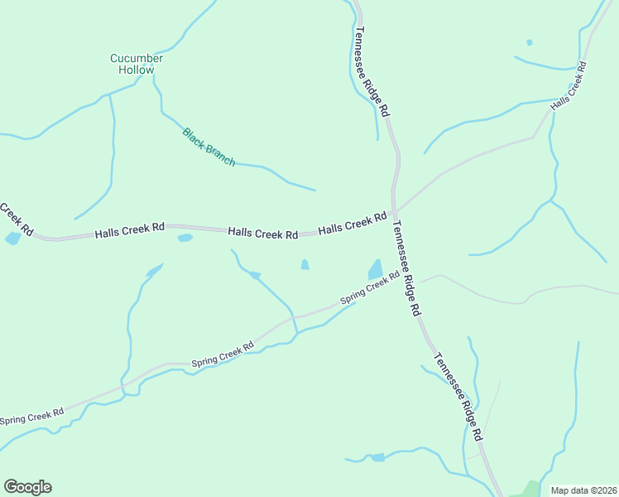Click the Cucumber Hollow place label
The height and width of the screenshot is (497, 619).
(x=137, y=64)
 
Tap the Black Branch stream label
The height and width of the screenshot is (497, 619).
(x=209, y=147)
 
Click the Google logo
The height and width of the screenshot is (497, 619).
(x=27, y=487)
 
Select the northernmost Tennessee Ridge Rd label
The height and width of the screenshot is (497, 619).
(x=372, y=70)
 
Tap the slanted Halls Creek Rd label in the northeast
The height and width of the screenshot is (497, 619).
(x=569, y=87)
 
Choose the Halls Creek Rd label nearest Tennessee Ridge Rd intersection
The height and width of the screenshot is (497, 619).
(x=353, y=223)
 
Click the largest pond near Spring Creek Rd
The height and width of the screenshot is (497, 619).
(x=375, y=269)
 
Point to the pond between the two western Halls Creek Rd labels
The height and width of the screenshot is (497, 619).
(x=185, y=239)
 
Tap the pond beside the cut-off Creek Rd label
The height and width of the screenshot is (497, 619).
(x=12, y=239)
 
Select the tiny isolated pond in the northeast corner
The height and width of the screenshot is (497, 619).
(x=529, y=42)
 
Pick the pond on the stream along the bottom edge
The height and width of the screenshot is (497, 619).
(x=377, y=456)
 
